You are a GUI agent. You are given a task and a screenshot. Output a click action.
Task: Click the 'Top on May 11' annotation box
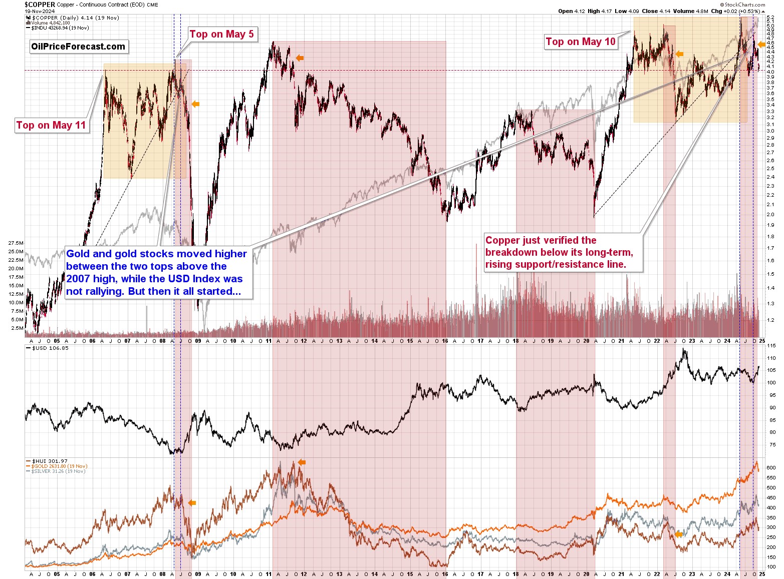51,125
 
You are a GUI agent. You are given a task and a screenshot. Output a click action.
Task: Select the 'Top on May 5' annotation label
221,34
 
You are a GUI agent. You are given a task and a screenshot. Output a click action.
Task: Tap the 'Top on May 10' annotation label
580,42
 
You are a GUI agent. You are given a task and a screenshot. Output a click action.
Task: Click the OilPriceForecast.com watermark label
78,47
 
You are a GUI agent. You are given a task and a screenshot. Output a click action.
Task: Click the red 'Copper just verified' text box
562,252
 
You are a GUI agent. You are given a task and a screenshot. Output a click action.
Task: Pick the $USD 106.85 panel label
50,348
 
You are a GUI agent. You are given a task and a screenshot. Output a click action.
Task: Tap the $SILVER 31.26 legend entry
58,471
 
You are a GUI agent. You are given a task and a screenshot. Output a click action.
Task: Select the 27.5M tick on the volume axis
16,243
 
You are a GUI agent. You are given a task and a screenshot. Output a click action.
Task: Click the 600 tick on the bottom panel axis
771,468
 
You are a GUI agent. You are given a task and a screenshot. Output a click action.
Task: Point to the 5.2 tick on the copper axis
770,18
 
